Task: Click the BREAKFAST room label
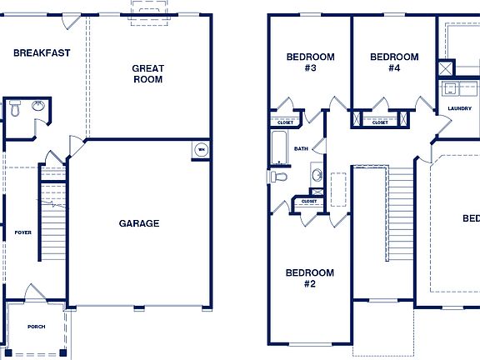42,52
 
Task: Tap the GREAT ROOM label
147,74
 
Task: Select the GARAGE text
139,223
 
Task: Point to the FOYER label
22,232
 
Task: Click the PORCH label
36,327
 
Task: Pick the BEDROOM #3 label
310,62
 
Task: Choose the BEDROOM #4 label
394,62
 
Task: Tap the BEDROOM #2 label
310,278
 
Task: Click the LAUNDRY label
459,108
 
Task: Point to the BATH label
301,149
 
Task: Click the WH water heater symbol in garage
201,150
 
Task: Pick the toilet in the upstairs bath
277,177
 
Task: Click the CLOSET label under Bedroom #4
379,122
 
